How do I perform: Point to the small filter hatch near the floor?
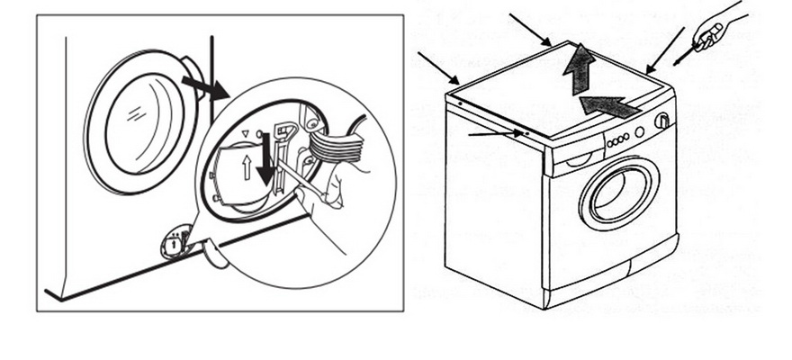pos(175,242)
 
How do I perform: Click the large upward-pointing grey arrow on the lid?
pos(580,69)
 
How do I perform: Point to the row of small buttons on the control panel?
pos(618,141)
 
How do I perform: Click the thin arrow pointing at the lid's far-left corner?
pos(438,67)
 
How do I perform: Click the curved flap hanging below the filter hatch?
pos(214,256)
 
